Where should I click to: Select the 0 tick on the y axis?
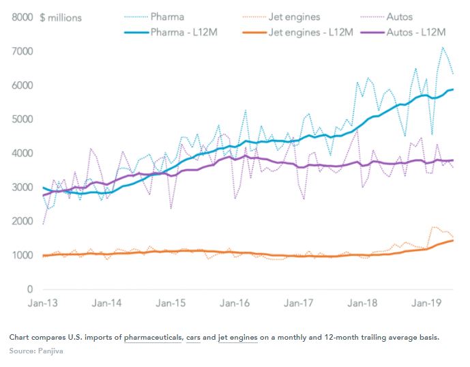31,289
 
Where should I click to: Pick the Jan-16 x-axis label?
237,302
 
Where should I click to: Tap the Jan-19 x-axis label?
428,302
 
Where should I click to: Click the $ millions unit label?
62,16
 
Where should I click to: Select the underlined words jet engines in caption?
237,338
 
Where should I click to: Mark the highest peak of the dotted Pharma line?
443,47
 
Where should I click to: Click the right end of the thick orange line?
453,239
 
